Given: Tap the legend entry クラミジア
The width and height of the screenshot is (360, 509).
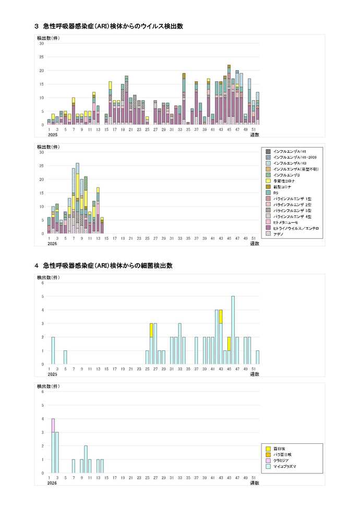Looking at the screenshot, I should point(285,461).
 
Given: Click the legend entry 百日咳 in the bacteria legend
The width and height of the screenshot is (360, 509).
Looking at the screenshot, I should point(282,449).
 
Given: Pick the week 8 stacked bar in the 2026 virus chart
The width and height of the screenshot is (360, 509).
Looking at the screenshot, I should point(77,198).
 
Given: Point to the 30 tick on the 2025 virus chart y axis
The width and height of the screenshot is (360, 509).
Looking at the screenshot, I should point(42,43).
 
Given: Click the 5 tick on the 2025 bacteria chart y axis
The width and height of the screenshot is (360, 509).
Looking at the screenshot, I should point(42,296).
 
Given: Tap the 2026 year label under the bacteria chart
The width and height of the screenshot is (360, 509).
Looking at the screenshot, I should point(52,483).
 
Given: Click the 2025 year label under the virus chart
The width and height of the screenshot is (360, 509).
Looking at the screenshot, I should point(52,135).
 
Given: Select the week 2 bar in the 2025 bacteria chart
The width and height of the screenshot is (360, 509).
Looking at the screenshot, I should point(53,350).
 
